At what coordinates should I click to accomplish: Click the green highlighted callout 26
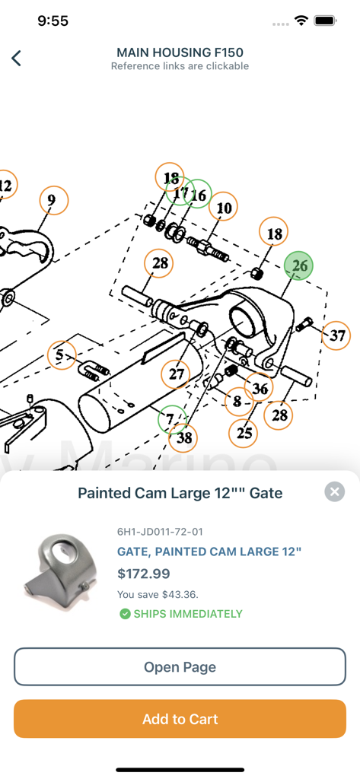point(299,265)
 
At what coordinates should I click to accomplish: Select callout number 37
point(336,335)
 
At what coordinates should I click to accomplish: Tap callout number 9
point(52,200)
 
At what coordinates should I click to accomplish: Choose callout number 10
point(223,208)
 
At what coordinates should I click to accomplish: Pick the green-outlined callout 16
point(198,195)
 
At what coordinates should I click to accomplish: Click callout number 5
point(60,355)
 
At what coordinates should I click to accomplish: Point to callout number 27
point(177,374)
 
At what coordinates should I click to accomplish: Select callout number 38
point(183,437)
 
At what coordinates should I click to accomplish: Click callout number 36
point(260,388)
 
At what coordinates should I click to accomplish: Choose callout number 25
point(244,433)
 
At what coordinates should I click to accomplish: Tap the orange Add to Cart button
point(180,719)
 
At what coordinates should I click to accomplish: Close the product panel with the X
point(334,491)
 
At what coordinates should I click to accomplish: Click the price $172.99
point(144,574)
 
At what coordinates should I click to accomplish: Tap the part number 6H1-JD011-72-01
point(160,531)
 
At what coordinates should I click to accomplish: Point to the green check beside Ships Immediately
point(125,614)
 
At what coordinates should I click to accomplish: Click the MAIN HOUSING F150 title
point(180,52)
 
